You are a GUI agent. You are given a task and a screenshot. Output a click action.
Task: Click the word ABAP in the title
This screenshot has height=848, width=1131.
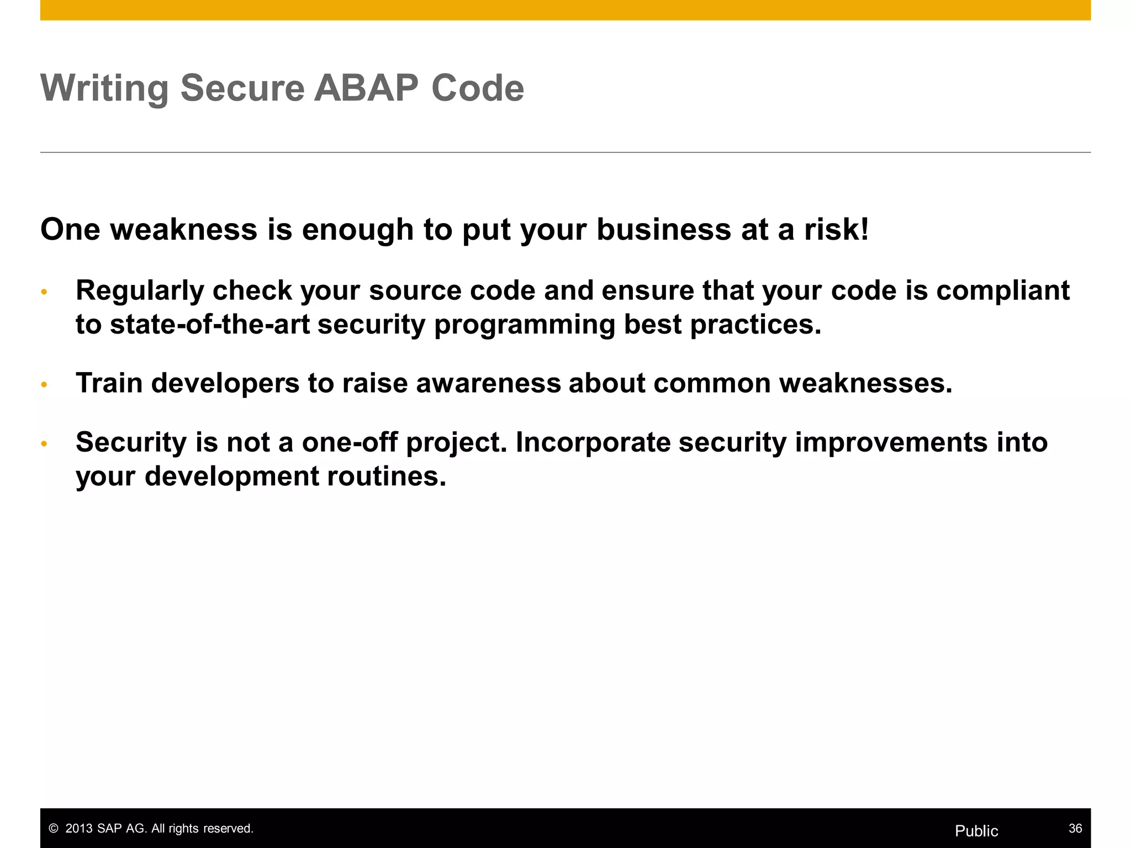click(x=366, y=88)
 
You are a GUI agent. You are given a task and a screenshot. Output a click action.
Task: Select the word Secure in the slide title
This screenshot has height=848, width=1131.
click(x=242, y=88)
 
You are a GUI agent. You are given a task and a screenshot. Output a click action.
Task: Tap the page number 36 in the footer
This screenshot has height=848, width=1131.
click(x=1075, y=828)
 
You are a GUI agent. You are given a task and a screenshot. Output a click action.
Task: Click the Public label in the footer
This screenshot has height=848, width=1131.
click(x=976, y=831)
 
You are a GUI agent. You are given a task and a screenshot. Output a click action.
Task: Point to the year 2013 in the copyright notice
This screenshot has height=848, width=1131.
click(x=79, y=829)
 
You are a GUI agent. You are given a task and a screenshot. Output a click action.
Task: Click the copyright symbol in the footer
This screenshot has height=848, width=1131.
click(x=54, y=829)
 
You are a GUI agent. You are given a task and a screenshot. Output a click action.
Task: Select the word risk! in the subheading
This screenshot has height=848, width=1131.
click(x=836, y=229)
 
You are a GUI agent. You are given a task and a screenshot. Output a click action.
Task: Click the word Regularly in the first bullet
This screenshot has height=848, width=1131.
click(x=139, y=291)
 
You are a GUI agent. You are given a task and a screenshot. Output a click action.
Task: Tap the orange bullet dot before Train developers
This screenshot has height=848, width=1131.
click(x=45, y=384)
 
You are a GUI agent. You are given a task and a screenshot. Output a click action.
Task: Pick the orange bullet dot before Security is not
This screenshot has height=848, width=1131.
click(x=45, y=443)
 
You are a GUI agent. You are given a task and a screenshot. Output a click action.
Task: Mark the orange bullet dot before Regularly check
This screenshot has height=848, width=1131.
click(x=45, y=292)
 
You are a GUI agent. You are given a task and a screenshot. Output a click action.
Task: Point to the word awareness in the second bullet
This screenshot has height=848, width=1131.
click(x=488, y=383)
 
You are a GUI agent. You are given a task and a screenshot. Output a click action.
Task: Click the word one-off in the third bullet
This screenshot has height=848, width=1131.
click(x=349, y=442)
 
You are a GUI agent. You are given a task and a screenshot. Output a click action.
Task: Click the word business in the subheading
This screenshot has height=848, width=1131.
click(x=663, y=229)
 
